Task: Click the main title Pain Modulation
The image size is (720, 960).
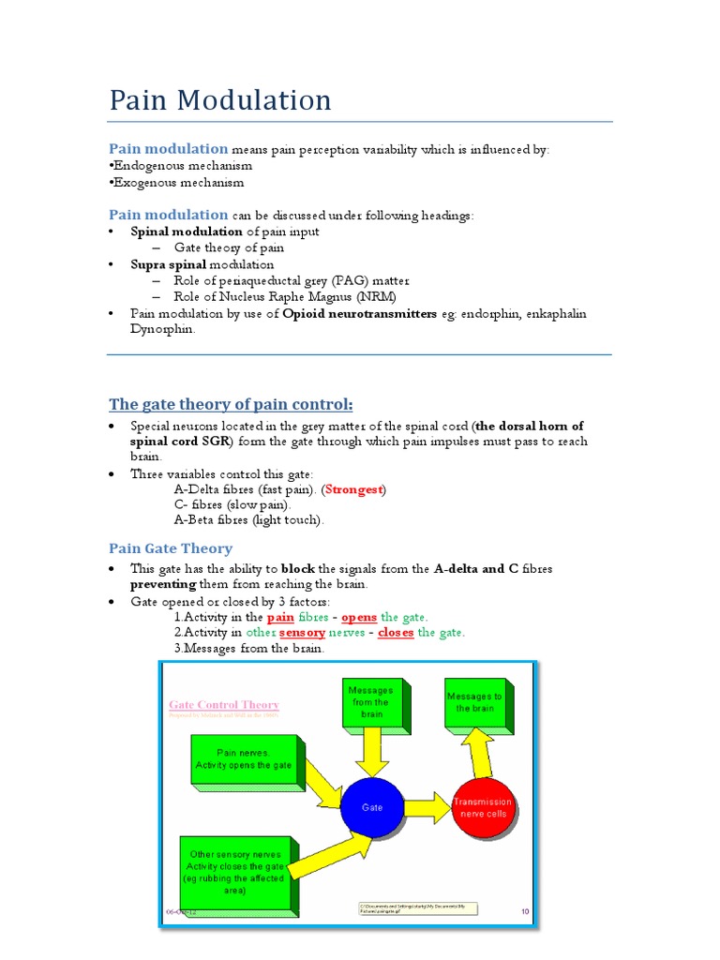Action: point(220,100)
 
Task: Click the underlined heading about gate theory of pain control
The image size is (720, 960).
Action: point(232,404)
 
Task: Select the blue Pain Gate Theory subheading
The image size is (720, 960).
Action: point(171,548)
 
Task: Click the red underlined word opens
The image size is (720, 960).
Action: point(359,617)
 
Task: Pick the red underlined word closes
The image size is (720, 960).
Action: point(396,632)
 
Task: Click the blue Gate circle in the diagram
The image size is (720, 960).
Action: point(372,806)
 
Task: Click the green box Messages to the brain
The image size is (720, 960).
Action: point(474,702)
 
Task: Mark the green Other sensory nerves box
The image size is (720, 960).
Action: point(235,872)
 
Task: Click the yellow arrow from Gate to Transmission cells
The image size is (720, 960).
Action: point(427,805)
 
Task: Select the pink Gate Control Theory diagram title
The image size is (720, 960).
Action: point(223,705)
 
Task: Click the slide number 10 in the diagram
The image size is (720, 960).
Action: point(524,910)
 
